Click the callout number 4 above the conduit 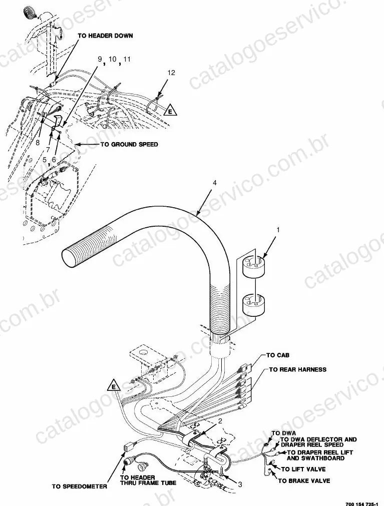tap(215, 183)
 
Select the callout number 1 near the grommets tap(278, 230)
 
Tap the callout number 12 tap(171, 73)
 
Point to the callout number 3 tap(240, 484)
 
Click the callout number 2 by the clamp tap(220, 421)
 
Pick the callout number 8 tap(38, 142)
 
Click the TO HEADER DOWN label tap(105, 36)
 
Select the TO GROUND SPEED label tap(129, 144)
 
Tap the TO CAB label tap(278, 355)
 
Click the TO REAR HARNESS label tap(297, 369)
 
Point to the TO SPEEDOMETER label tap(80, 486)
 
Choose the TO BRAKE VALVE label tap(304, 481)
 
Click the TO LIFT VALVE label tap(304, 469)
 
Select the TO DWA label tap(284, 433)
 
